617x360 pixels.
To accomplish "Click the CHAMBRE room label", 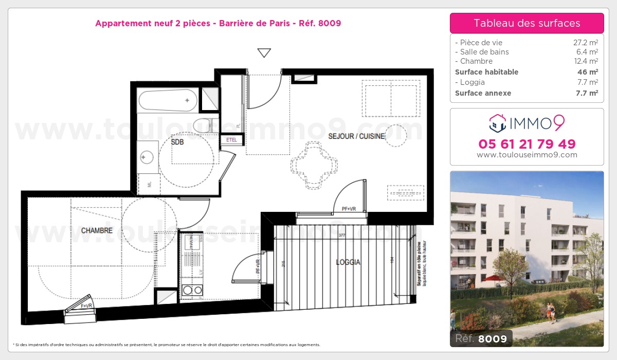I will tap(97, 230).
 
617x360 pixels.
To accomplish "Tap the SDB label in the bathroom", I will tap(177, 142).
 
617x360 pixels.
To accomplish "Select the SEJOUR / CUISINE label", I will tap(356, 136).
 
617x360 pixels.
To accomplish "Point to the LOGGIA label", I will tap(348, 262).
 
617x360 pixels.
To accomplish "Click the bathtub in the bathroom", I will tap(168, 100).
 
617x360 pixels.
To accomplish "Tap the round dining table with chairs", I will tap(315, 165).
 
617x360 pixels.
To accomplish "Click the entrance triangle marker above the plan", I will tap(264, 52).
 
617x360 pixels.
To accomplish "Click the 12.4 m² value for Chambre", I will tap(587, 61).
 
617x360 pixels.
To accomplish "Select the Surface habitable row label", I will tap(486, 72).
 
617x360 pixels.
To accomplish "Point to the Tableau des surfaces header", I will tap(527, 23).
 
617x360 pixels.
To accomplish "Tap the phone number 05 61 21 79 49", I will tap(527, 144).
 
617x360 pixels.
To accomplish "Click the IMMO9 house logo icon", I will tap(498, 123).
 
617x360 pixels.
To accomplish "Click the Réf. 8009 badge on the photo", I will tap(481, 338).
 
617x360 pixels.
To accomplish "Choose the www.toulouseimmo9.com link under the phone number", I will tap(527, 155).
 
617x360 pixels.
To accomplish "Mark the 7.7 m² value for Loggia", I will tap(587, 82).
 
